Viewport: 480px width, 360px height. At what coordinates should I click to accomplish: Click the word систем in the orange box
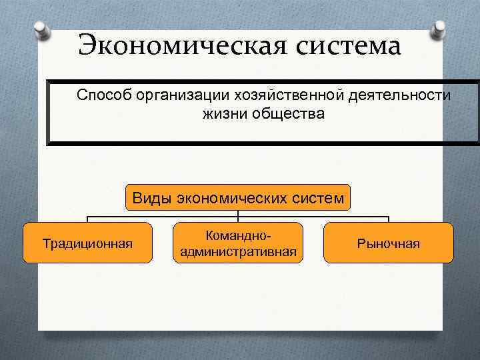tap(317, 197)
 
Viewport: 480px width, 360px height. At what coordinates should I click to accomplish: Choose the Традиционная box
tap(87, 243)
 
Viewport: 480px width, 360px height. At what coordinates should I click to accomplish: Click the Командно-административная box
tap(238, 243)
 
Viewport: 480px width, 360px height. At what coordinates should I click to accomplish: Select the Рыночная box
tap(389, 243)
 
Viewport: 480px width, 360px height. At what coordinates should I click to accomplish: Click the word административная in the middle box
tap(238, 252)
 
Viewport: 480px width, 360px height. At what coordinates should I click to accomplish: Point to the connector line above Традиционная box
tap(87, 219)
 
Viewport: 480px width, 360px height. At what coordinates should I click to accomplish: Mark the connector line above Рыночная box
tap(389, 219)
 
